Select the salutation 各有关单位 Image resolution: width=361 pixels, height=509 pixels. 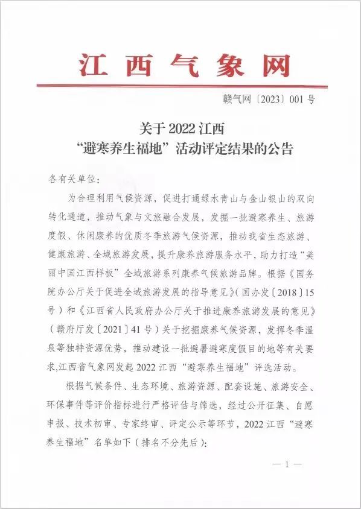tap(68, 179)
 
